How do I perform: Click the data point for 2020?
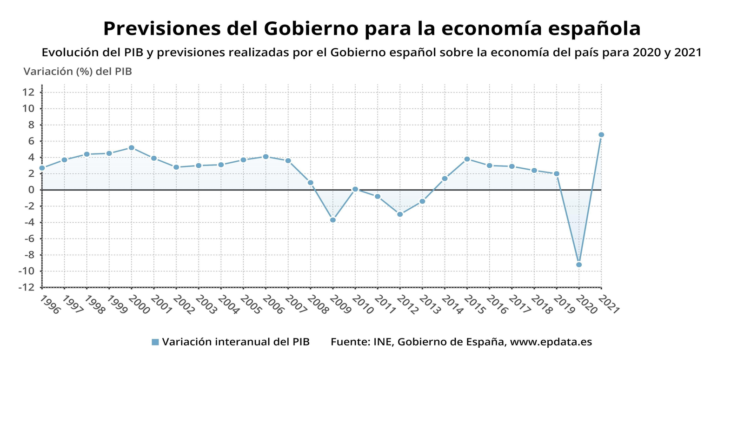pyautogui.click(x=579, y=265)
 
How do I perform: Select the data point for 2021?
pyautogui.click(x=601, y=135)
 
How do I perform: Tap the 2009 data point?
pyautogui.click(x=333, y=220)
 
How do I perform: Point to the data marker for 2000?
pyautogui.click(x=132, y=148)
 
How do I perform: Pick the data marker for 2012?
pyautogui.click(x=400, y=214)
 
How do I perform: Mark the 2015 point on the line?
pyautogui.click(x=467, y=159)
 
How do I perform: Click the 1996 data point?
pyautogui.click(x=42, y=168)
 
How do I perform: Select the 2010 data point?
pyautogui.click(x=355, y=189)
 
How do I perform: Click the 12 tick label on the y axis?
pyautogui.click(x=28, y=92)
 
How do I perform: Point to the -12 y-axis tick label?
pyautogui.click(x=27, y=287)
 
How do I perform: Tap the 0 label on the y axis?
pyautogui.click(x=31, y=190)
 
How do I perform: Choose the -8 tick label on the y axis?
pyautogui.click(x=28, y=255)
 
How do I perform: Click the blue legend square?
pyautogui.click(x=155, y=342)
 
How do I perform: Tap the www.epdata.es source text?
pyautogui.click(x=551, y=342)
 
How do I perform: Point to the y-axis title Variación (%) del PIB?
pyautogui.click(x=78, y=72)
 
